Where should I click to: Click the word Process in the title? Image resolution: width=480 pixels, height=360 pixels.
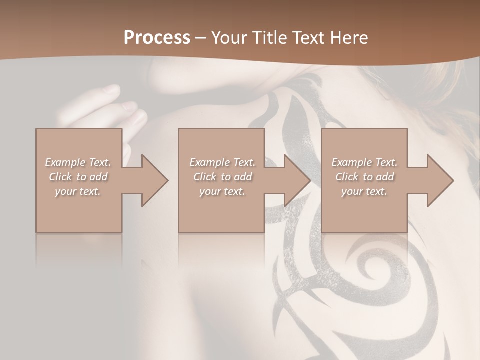(157, 37)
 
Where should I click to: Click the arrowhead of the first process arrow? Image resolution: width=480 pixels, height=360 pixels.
(155, 180)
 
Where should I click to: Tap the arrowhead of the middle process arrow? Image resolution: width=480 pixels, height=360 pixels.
(298, 180)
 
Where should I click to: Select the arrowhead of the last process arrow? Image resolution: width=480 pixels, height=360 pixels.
(440, 180)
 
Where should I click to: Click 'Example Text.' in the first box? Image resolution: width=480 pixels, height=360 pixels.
(78, 162)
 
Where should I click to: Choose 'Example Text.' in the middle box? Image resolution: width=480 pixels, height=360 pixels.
(222, 162)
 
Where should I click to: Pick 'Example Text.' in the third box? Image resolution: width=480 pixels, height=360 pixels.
(364, 162)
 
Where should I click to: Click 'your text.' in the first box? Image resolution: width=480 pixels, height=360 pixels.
(78, 191)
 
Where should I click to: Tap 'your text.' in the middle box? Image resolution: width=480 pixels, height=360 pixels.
(222, 191)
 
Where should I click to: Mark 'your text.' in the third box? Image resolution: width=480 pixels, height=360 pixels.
(364, 191)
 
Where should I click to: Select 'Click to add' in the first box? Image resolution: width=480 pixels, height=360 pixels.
(78, 177)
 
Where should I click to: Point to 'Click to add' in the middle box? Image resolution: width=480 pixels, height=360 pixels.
(222, 177)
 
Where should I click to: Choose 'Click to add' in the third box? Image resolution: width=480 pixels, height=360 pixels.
(364, 177)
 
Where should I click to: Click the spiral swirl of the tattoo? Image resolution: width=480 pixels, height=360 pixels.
(372, 270)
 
